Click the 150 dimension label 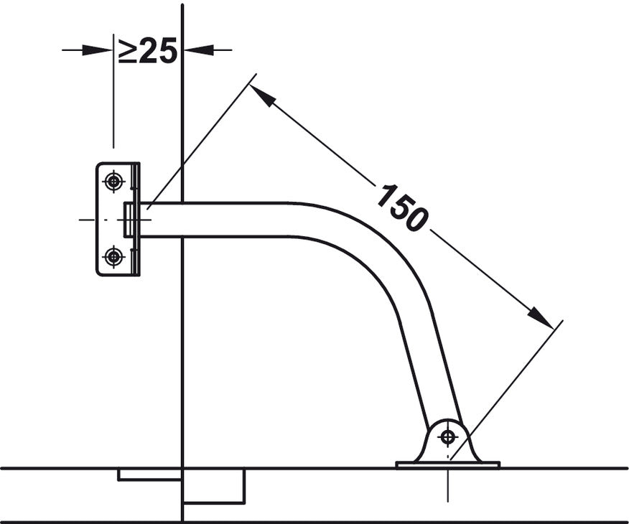[x=402, y=207]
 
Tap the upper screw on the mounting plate [x=113, y=182]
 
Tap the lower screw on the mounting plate [x=113, y=256]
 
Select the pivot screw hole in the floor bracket [x=447, y=436]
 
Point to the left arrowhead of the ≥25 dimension [x=97, y=50]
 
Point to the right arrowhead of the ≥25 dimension [x=199, y=50]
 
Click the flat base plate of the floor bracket [x=447, y=464]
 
